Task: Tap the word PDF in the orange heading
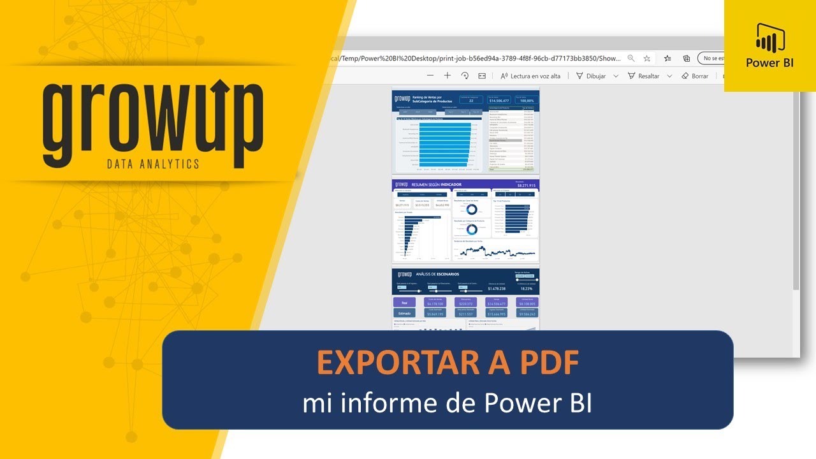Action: [x=546, y=363]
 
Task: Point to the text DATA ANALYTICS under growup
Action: [x=152, y=164]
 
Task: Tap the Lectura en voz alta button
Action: [x=530, y=76]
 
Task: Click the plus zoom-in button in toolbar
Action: [x=447, y=76]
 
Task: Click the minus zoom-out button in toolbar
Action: [x=430, y=76]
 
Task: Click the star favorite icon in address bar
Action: [x=646, y=58]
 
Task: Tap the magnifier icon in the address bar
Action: [x=630, y=58]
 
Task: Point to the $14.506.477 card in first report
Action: [x=499, y=99]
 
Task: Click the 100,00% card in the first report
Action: [x=527, y=99]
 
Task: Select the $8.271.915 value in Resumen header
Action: [x=526, y=185]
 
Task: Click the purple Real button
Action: [x=404, y=302]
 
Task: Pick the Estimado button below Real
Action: [x=404, y=313]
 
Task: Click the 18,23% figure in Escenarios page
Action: [x=526, y=288]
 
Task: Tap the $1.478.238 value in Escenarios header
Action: [x=497, y=288]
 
